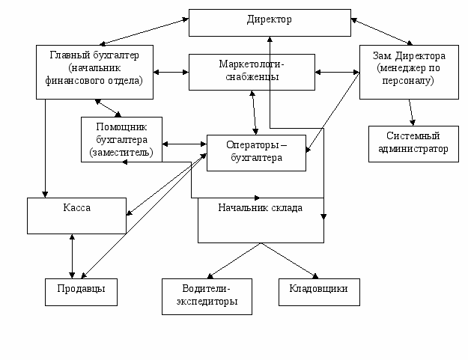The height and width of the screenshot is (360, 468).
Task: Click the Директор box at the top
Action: coord(269,22)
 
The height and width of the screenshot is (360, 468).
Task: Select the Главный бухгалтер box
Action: coord(94,71)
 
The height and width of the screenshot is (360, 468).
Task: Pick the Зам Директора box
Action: coord(409,71)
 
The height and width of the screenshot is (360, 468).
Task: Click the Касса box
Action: coord(77,215)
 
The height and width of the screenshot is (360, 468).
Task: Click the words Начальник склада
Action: coord(260,208)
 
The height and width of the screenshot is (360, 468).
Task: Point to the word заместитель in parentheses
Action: coord(121,152)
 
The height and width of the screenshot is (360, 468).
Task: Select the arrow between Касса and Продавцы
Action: coord(72,255)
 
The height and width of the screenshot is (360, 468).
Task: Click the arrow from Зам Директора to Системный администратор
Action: coord(411,112)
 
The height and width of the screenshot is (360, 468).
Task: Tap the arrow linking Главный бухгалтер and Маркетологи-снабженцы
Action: coord(171,73)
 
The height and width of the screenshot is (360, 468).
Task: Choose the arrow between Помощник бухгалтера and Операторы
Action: coord(184,144)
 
